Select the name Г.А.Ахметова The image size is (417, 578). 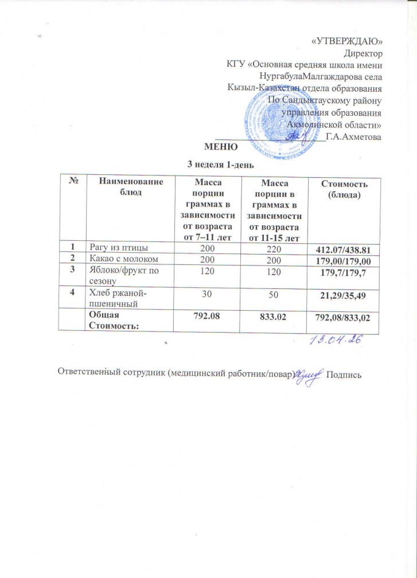tap(353, 136)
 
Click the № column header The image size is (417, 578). tap(74, 182)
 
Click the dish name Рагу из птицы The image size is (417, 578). tap(118, 247)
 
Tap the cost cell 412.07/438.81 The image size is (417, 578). tap(344, 248)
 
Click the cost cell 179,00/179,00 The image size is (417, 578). tap(344, 259)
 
